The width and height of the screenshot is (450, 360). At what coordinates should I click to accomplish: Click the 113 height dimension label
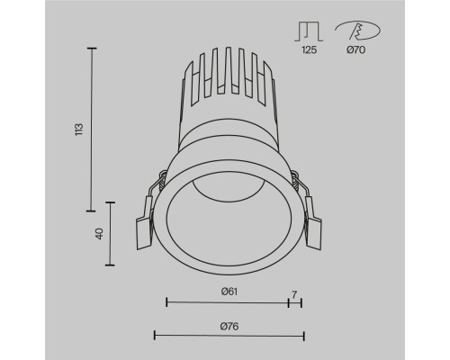79,128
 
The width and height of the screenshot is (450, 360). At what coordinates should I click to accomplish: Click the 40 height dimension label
98,234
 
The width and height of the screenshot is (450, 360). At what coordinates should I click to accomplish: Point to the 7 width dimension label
294,294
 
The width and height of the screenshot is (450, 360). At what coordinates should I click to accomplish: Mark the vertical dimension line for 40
110,234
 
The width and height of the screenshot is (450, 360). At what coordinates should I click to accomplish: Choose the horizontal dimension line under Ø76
229,336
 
